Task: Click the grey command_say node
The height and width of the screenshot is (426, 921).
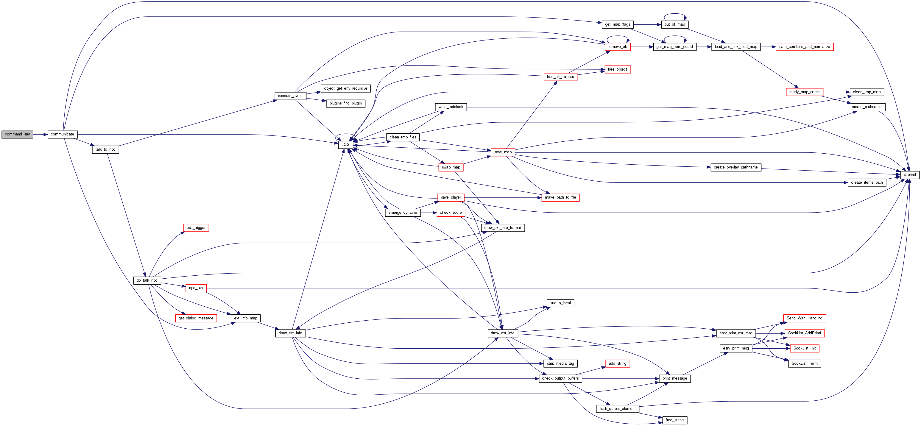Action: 17,134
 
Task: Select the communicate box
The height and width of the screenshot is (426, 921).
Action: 63,134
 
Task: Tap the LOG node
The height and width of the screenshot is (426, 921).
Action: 345,145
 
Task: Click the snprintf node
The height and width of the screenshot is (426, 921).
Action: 910,175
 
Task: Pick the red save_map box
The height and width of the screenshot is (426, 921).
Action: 503,152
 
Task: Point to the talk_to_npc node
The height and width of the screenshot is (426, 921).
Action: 105,149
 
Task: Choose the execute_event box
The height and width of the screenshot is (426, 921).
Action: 290,96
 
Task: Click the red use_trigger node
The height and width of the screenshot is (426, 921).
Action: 196,228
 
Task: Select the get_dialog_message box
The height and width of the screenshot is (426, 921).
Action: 196,318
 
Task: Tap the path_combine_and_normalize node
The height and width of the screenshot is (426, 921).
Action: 805,47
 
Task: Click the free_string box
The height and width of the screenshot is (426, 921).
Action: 674,420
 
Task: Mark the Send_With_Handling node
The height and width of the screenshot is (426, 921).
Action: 805,318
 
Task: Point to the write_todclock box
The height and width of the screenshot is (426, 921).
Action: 451,107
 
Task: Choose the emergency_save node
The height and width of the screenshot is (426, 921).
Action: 403,213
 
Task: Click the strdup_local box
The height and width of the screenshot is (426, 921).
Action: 560,303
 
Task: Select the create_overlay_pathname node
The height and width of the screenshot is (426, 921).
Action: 736,167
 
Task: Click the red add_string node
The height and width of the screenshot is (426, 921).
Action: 618,363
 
